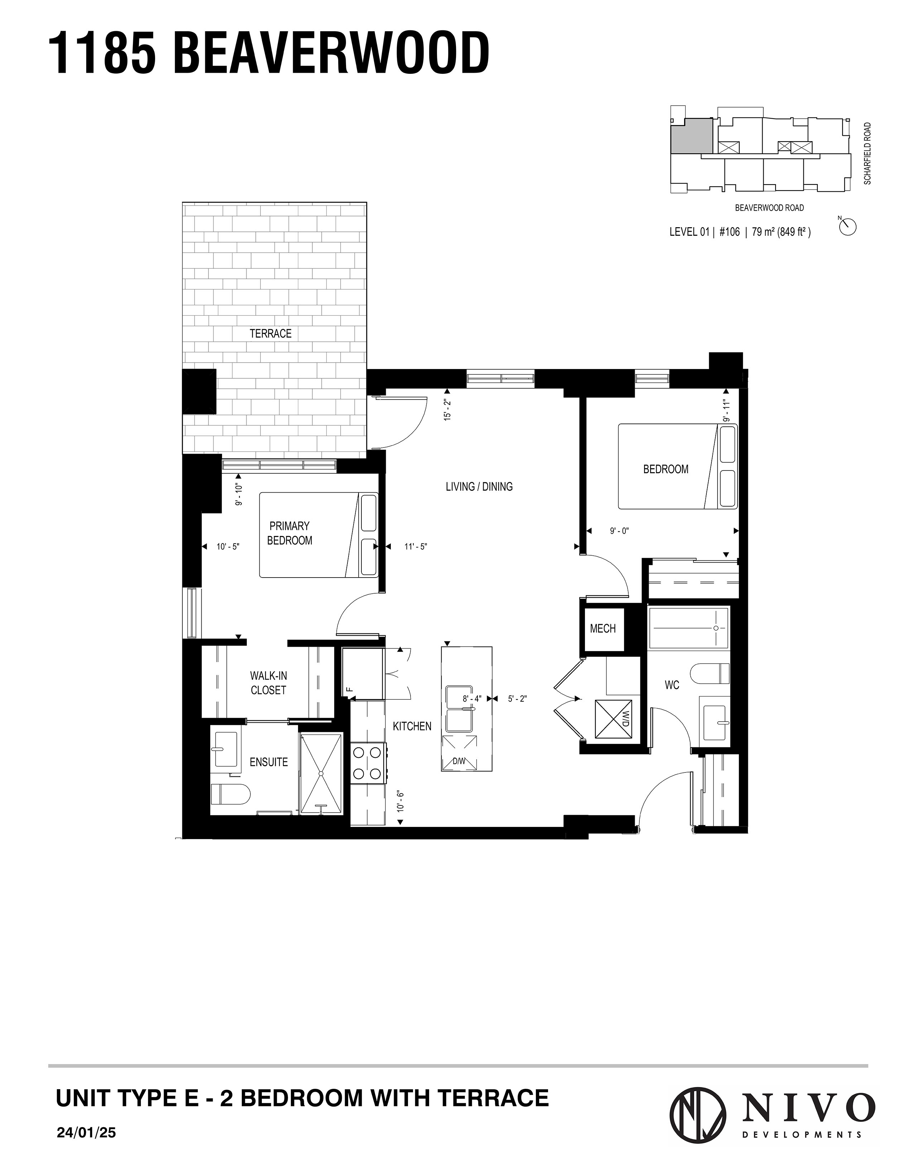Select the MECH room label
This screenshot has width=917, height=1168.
pyautogui.click(x=602, y=628)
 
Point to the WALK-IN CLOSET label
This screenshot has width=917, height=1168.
pyautogui.click(x=268, y=683)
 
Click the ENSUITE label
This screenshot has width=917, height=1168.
pyautogui.click(x=268, y=762)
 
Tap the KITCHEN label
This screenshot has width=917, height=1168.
pyautogui.click(x=412, y=726)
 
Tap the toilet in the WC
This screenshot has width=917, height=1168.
pyautogui.click(x=710, y=673)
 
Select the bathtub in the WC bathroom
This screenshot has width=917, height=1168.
pyautogui.click(x=688, y=627)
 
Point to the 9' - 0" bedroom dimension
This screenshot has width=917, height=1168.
pyautogui.click(x=619, y=531)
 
